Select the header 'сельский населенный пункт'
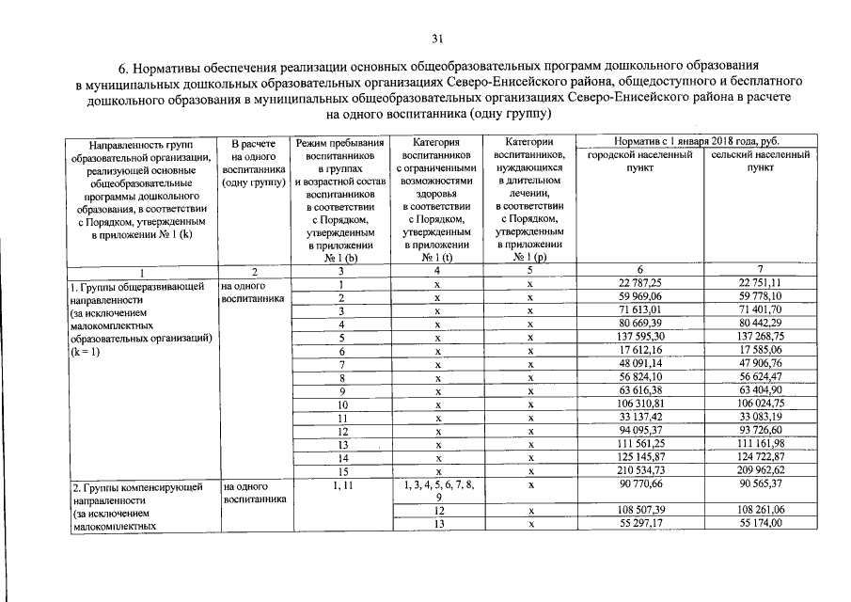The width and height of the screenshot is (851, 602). [x=761, y=161]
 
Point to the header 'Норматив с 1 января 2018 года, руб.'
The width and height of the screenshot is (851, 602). [x=701, y=140]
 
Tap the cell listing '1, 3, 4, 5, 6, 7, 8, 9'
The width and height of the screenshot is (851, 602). [x=437, y=490]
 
